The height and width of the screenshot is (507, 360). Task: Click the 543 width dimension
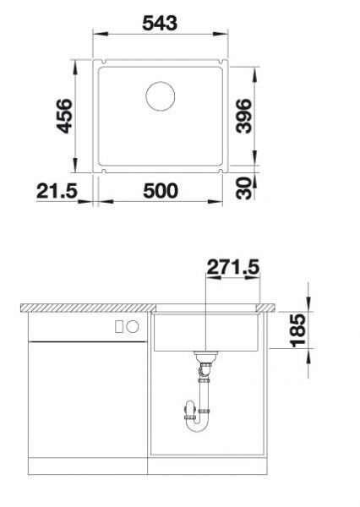click(159, 23)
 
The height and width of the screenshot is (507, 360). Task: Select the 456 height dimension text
click(63, 117)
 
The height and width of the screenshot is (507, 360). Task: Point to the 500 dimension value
click(160, 192)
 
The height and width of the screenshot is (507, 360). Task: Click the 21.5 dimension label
click(57, 192)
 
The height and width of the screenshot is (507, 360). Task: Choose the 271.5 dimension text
click(233, 268)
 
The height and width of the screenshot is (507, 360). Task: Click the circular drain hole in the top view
click(159, 95)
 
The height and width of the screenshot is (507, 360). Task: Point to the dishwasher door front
click(89, 397)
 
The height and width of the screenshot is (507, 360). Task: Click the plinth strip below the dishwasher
click(89, 466)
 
